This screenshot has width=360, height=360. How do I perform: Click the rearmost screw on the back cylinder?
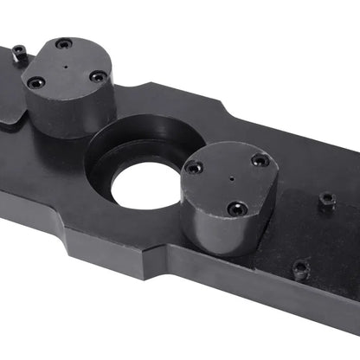(63, 44)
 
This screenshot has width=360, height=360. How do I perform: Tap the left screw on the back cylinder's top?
(35, 83)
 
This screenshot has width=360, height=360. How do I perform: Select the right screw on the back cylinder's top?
(98, 76)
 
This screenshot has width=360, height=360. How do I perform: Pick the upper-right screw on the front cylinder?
(260, 160)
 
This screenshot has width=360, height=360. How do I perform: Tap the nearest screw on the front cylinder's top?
(235, 208)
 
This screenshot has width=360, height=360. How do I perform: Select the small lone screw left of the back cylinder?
(19, 55)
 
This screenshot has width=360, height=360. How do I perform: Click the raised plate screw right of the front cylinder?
(326, 200)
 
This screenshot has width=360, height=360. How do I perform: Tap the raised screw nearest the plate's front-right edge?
(299, 269)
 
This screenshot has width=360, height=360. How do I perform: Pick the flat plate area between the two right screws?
(312, 234)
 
